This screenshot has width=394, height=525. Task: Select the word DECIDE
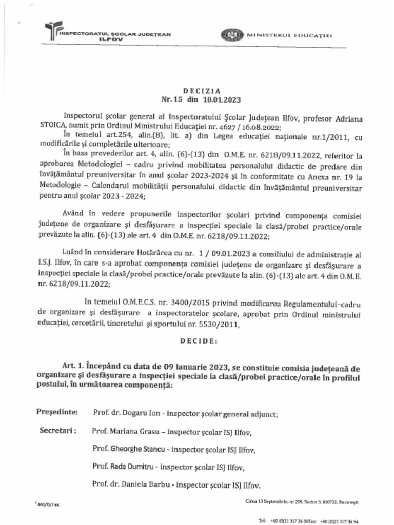click(198, 340)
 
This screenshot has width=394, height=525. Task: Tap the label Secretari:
click(58, 431)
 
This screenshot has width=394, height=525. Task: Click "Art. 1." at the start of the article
click(73, 368)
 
